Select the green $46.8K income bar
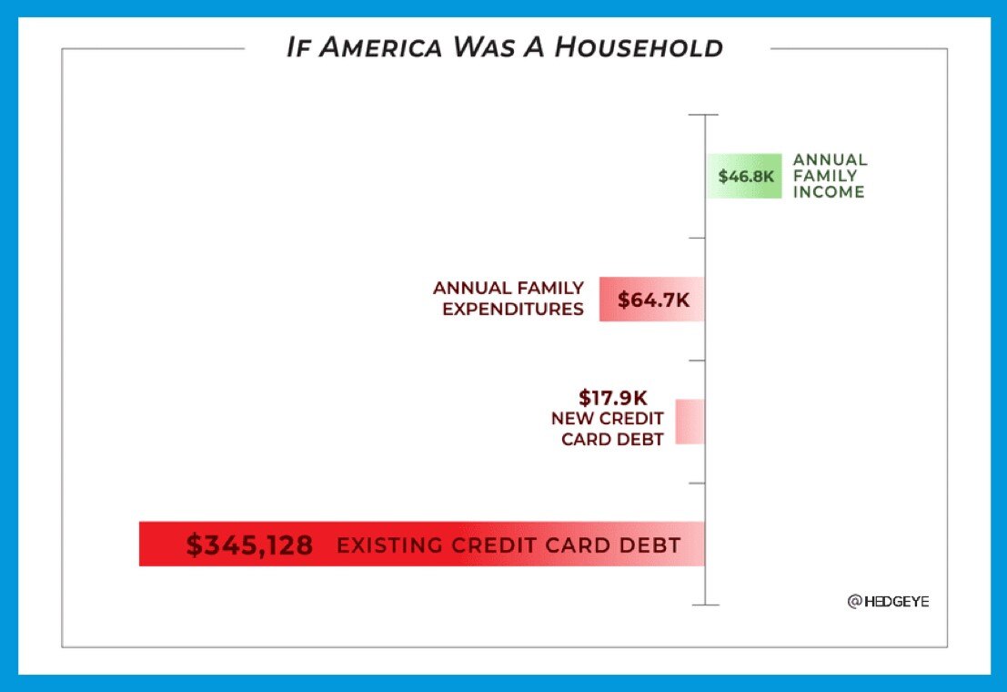[745, 176]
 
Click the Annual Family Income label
[829, 176]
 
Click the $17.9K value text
[611, 398]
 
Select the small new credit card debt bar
[690, 422]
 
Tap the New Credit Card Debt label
[608, 429]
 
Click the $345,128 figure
[249, 545]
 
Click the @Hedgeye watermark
[889, 602]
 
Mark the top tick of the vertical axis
[705, 116]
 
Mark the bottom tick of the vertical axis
[705, 604]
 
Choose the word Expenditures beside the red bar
[513, 309]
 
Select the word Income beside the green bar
[829, 192]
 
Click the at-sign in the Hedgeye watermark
[854, 602]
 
